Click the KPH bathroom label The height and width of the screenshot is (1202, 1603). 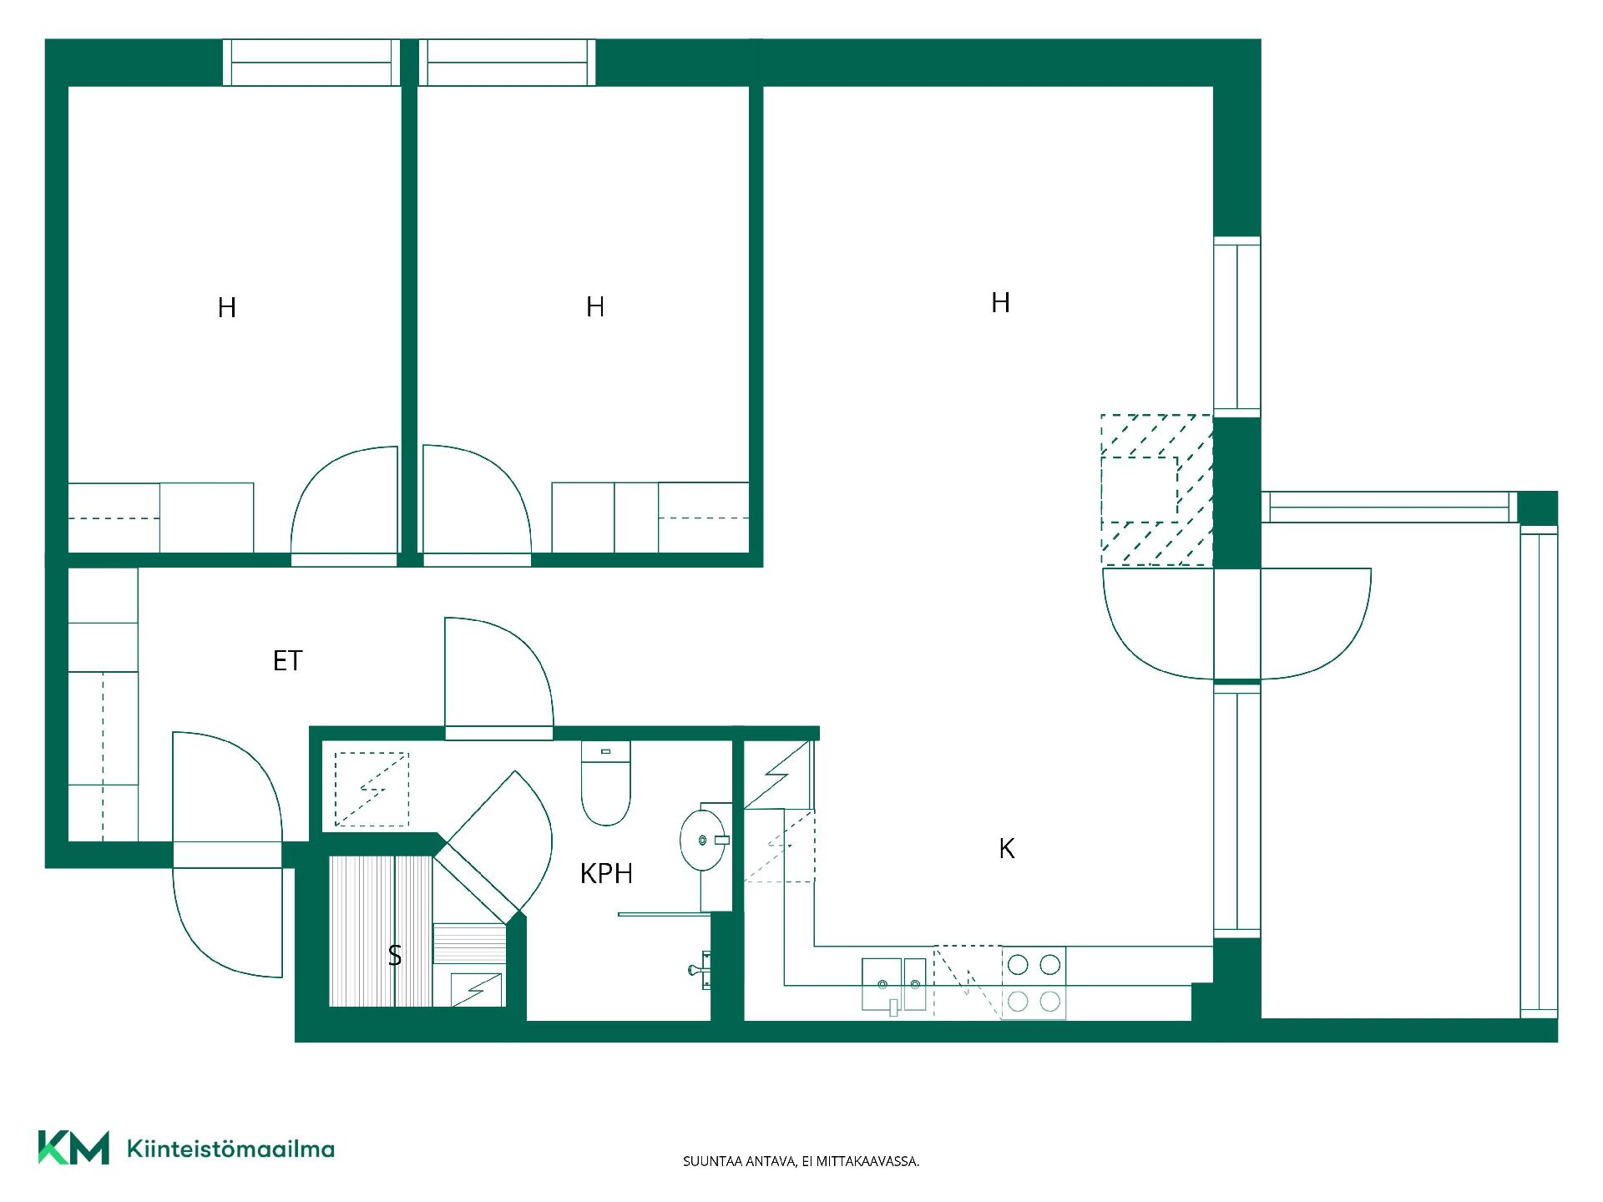click(x=606, y=874)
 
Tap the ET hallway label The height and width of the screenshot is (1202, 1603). click(x=287, y=661)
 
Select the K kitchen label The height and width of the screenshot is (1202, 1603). click(x=1007, y=849)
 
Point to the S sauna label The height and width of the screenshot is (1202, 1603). click(x=395, y=956)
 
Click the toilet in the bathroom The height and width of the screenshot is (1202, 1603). click(x=605, y=783)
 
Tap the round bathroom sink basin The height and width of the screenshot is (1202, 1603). click(x=702, y=839)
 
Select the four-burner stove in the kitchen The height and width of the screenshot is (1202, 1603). click(x=1034, y=982)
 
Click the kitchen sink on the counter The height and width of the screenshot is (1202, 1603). click(x=894, y=985)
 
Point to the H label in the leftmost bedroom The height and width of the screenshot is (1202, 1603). click(x=226, y=308)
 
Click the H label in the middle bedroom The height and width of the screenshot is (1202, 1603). click(x=595, y=307)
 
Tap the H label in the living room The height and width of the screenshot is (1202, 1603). click(x=1000, y=302)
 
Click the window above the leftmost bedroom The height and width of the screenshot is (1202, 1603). click(x=311, y=63)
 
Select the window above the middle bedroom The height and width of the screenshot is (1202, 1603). click(x=507, y=63)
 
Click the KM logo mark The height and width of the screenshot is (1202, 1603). click(x=73, y=1148)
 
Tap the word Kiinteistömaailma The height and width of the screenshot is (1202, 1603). click(x=230, y=1149)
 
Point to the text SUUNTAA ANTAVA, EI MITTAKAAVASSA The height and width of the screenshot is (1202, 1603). click(x=801, y=1161)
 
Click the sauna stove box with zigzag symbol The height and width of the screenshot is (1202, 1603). click(x=478, y=989)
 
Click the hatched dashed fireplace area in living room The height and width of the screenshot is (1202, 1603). click(x=1156, y=490)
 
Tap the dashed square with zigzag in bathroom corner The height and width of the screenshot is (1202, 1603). click(x=372, y=789)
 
